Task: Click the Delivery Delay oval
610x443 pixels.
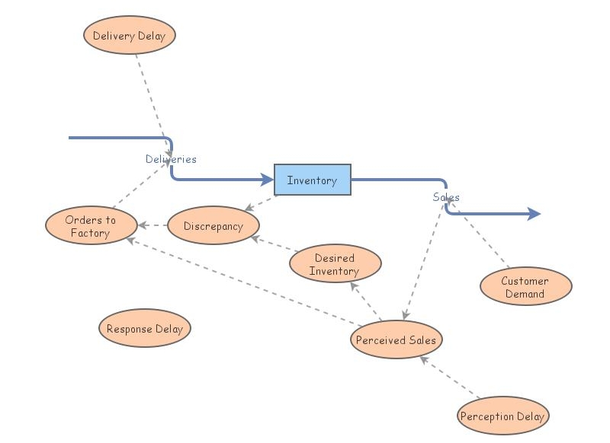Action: pos(130,36)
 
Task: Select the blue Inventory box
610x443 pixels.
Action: pos(312,180)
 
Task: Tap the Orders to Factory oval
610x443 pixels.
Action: pos(91,226)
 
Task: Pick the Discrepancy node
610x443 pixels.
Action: pos(213,226)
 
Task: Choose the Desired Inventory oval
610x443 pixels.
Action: pos(335,264)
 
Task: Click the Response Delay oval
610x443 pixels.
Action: pos(145,329)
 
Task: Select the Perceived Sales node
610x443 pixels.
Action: pos(396,339)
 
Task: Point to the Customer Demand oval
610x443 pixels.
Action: pos(525,287)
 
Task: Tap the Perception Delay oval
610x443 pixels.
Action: pos(502,416)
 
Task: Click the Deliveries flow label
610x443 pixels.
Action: pos(171,159)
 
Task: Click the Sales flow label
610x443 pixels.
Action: pos(446,197)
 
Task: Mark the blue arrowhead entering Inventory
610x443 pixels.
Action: pos(268,180)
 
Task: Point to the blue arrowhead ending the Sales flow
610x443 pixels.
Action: pos(534,214)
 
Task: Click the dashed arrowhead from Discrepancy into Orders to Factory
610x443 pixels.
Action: pos(143,225)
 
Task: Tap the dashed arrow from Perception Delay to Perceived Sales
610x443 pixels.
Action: pos(450,378)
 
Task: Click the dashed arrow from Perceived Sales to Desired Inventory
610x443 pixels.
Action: pos(366,301)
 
